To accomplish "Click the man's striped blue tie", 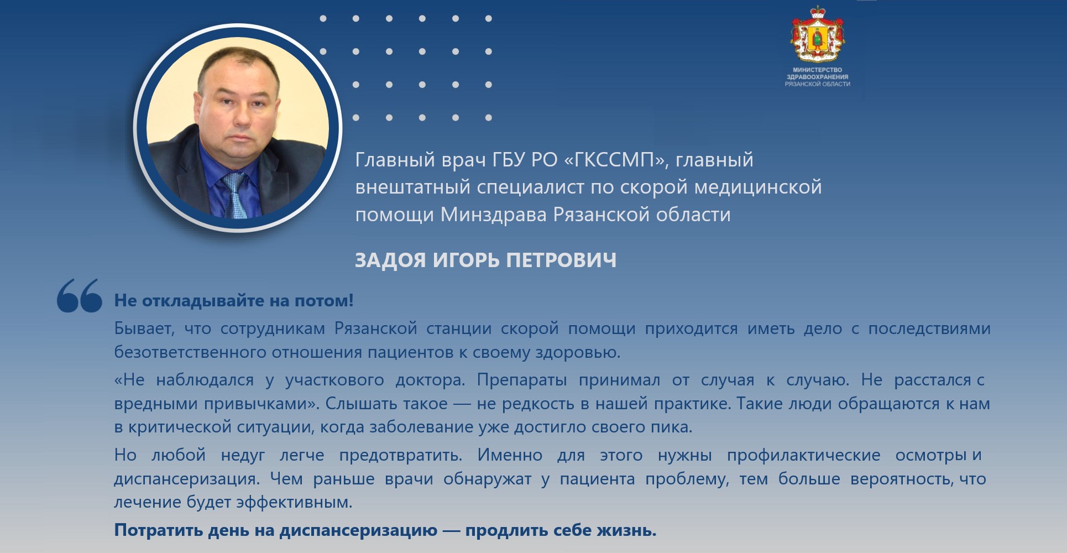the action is coord(234,196).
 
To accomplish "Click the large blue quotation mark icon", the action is coord(80,296).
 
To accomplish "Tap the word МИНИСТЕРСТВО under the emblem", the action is coord(818,70).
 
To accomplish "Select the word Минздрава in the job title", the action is coord(494,215).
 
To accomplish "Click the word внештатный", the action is coord(414,187).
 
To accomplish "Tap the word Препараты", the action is coord(522,380).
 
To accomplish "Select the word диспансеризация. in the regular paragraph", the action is coord(187,479).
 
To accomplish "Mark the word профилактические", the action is coord(804,455).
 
